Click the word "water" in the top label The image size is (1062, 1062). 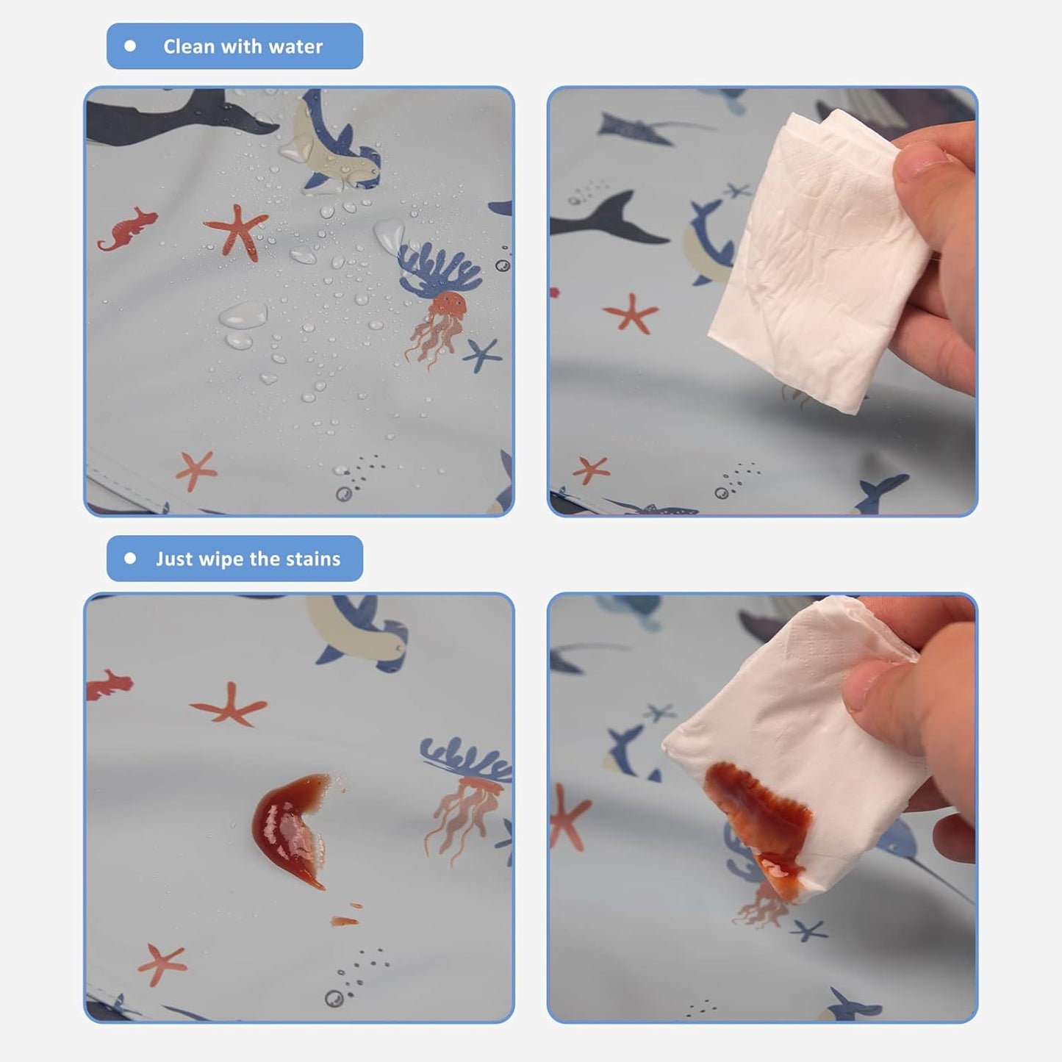[x=295, y=47]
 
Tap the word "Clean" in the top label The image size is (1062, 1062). [x=189, y=46]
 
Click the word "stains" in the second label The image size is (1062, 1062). [x=314, y=559]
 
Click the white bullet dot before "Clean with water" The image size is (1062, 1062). [x=130, y=46]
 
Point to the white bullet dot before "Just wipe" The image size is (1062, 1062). [x=130, y=559]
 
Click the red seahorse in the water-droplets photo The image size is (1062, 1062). [x=127, y=228]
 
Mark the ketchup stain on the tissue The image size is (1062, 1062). [x=758, y=814]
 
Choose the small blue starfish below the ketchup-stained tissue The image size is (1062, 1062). [x=808, y=931]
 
